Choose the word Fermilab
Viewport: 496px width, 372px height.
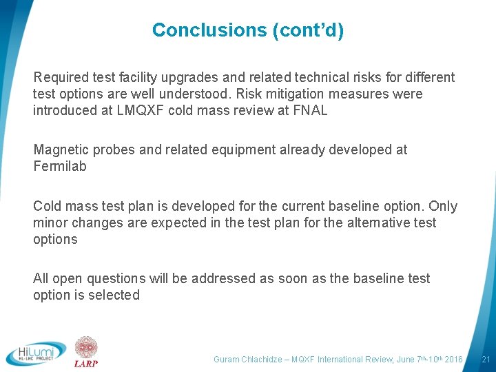click(60, 166)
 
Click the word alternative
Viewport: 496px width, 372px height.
click(371, 223)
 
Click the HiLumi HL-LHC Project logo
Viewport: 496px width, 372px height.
click(36, 353)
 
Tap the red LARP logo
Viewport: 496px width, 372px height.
click(86, 351)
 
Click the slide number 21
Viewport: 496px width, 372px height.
click(486, 359)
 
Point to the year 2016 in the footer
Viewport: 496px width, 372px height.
click(453, 360)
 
